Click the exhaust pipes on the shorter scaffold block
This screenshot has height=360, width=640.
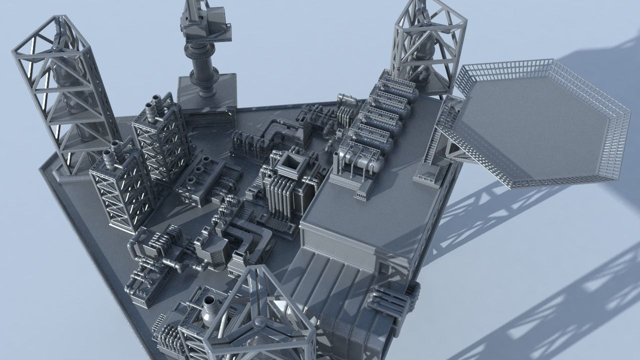(113, 149)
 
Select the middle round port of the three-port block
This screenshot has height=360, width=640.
(199, 170)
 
